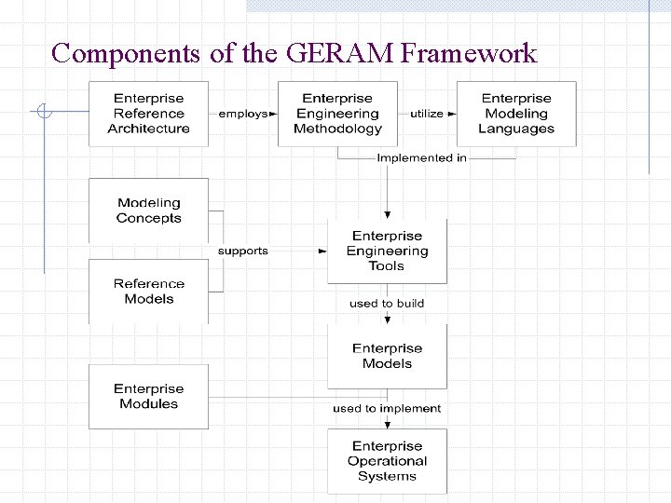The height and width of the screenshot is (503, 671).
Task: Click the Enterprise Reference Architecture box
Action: (x=148, y=114)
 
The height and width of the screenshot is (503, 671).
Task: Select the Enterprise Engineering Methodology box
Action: (x=337, y=114)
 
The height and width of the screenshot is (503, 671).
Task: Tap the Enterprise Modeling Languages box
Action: (x=516, y=114)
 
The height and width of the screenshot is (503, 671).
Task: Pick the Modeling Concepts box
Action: (x=148, y=211)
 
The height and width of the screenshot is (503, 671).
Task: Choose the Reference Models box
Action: (x=148, y=292)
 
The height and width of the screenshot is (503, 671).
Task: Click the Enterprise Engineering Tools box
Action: (x=387, y=251)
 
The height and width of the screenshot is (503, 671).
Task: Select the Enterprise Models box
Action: (x=387, y=356)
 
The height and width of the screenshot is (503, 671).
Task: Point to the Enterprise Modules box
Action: (x=148, y=397)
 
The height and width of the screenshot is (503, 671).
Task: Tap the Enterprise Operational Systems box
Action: (x=387, y=461)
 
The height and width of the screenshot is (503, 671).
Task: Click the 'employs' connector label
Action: (x=242, y=114)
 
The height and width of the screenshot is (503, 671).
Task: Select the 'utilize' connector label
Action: (x=427, y=114)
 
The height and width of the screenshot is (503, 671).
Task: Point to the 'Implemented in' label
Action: (x=421, y=158)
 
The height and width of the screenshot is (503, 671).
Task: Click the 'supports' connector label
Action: (x=242, y=251)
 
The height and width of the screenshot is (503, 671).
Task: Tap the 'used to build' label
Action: (x=387, y=304)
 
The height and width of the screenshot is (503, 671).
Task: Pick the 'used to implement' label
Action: (x=387, y=408)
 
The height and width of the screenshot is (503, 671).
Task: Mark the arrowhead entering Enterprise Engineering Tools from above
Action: (x=387, y=214)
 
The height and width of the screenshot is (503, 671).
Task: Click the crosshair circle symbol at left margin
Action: (x=42, y=114)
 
